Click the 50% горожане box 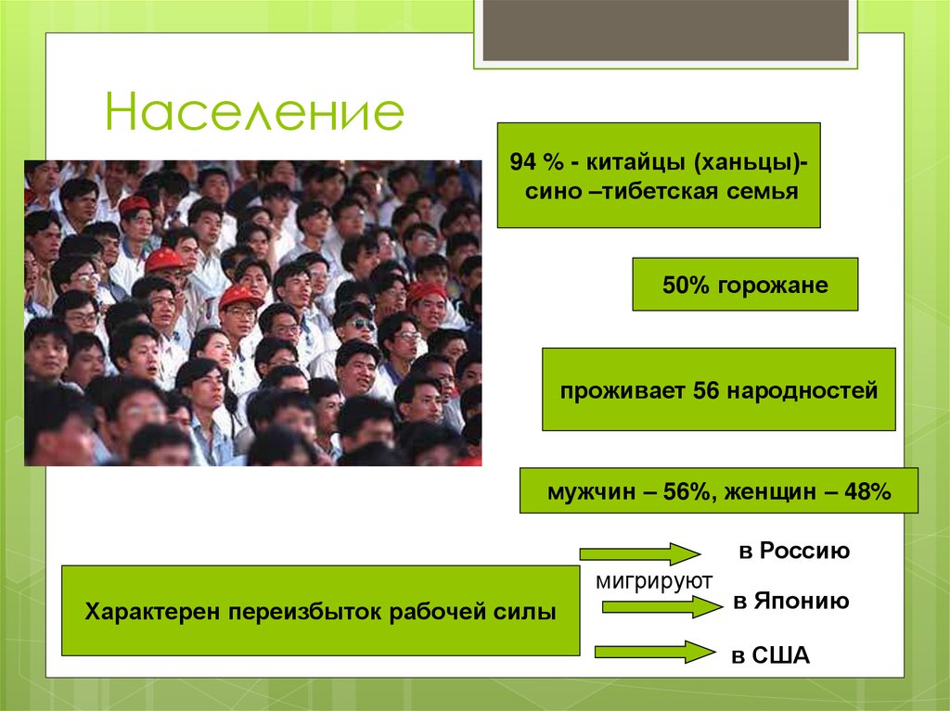pyautogui.click(x=745, y=285)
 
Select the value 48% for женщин pyautogui.click(x=868, y=491)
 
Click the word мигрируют pyautogui.click(x=653, y=580)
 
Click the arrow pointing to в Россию pyautogui.click(x=639, y=554)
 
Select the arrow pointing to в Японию pyautogui.click(x=661, y=608)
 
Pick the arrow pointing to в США pyautogui.click(x=654, y=651)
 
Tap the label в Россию pyautogui.click(x=794, y=551)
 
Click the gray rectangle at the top pyautogui.click(x=665, y=31)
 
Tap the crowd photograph pyautogui.click(x=252, y=312)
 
